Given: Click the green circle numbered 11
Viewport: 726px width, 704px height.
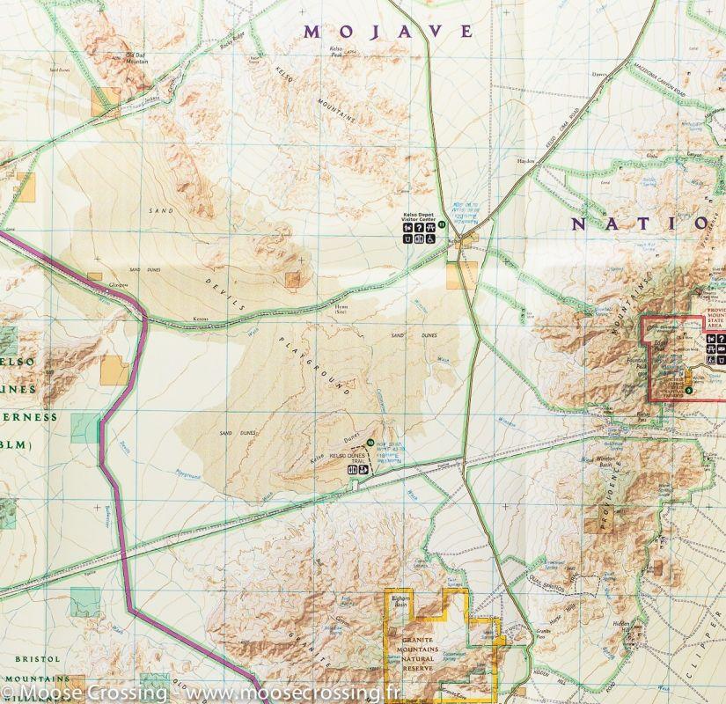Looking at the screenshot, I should [443, 224].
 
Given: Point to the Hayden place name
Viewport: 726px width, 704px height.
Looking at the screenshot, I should [526, 161].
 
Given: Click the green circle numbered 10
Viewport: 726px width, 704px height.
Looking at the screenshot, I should [370, 442].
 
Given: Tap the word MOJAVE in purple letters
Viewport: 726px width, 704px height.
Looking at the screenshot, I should [388, 32].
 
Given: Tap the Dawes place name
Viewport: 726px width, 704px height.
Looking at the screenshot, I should [601, 74].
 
